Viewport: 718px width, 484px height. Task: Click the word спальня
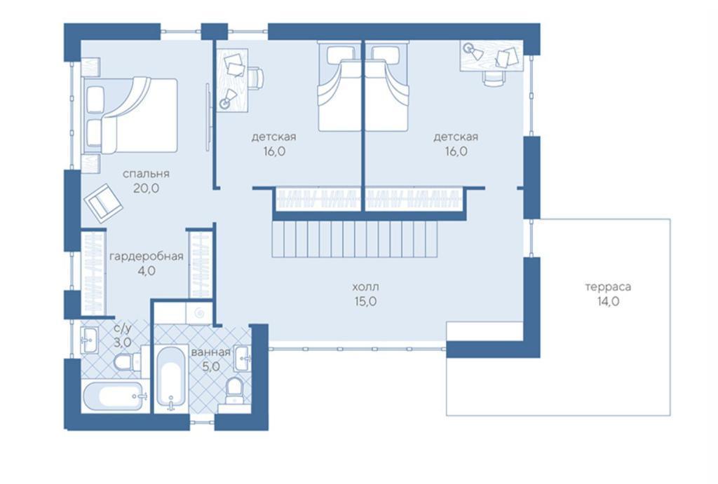tap(146, 174)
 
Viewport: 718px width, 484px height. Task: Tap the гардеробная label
tap(147, 256)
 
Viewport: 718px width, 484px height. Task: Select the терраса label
tap(608, 287)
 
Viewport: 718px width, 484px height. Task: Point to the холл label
tap(365, 287)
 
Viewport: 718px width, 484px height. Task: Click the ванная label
tap(210, 352)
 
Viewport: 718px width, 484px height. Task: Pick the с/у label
tap(123, 329)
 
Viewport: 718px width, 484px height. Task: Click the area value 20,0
tap(146, 188)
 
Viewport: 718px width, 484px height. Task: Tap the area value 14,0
tap(608, 301)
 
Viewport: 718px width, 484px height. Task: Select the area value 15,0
tap(365, 301)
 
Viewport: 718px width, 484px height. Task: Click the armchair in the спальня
tap(104, 203)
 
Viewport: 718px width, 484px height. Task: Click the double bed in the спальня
tap(130, 116)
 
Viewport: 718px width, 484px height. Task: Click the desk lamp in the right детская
tap(473, 50)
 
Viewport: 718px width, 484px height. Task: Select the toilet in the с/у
tap(123, 362)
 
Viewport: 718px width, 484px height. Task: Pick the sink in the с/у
tap(90, 340)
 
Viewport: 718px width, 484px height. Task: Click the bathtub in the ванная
tap(171, 377)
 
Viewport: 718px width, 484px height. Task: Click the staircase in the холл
tap(355, 240)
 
